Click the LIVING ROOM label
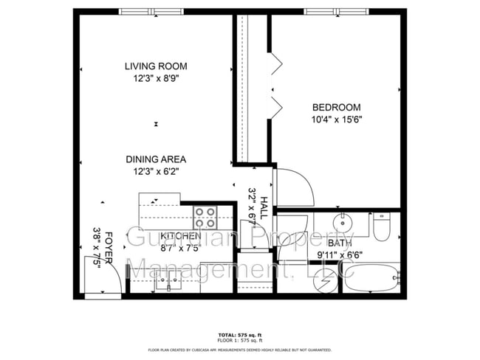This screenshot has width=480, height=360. (x=155, y=66)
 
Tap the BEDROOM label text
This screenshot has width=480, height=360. (x=336, y=107)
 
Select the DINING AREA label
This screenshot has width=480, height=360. (x=155, y=159)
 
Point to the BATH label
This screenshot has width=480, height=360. (x=339, y=243)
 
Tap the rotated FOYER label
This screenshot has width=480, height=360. (x=108, y=251)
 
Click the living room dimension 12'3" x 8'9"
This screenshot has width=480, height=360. (x=155, y=77)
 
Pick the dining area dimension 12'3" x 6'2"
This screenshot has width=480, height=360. (x=155, y=170)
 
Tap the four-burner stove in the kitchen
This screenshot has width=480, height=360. (x=205, y=217)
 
